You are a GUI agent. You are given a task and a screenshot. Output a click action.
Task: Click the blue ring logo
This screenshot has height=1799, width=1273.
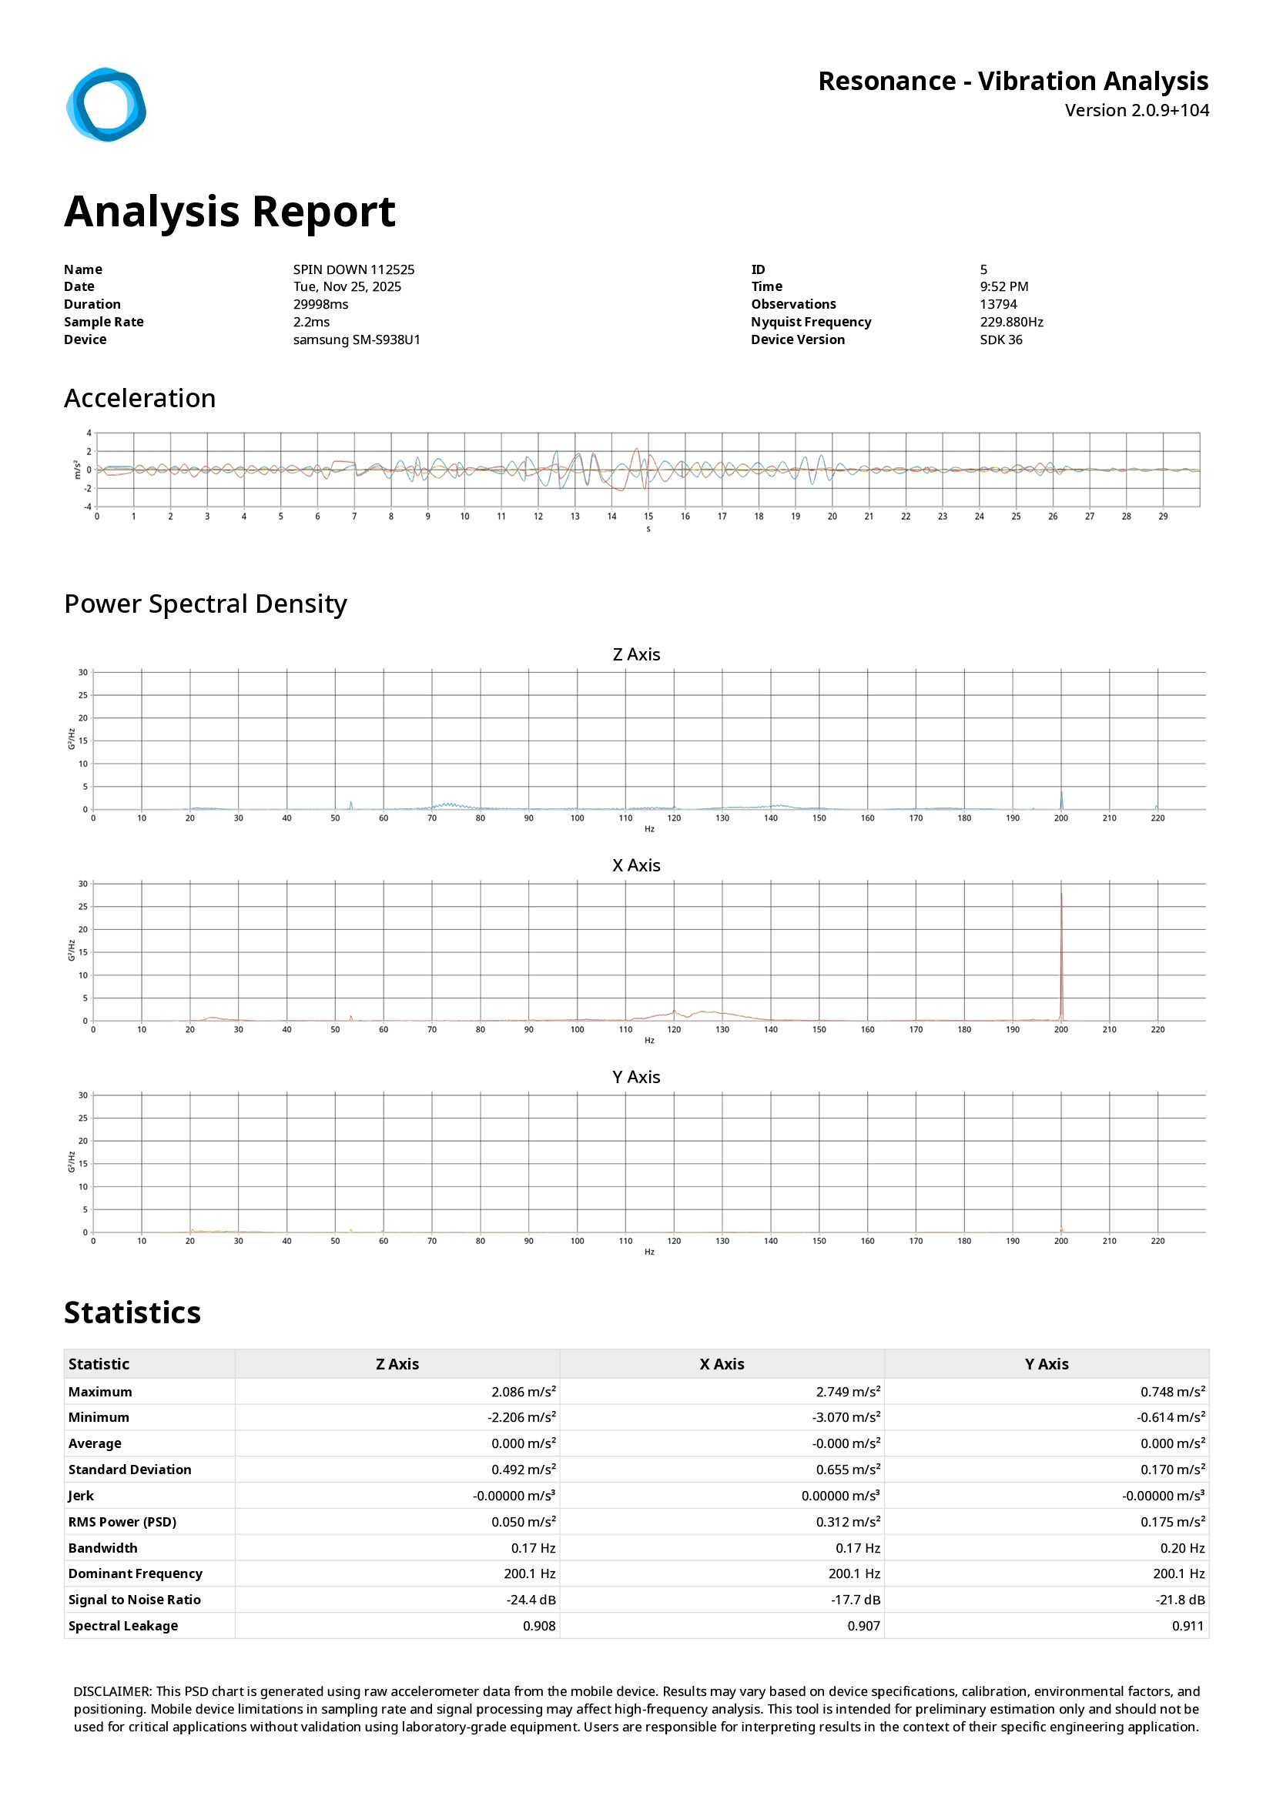pos(106,105)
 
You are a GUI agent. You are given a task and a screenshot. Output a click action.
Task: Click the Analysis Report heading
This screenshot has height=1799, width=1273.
pos(229,212)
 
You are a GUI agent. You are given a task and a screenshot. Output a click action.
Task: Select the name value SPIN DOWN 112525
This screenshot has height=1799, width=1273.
pos(353,269)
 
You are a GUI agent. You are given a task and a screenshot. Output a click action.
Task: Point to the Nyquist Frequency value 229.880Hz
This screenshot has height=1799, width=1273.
pos(1011,322)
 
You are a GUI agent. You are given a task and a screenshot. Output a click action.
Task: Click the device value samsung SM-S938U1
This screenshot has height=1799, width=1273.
pos(357,339)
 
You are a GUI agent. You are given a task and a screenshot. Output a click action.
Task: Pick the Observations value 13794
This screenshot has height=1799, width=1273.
pos(998,304)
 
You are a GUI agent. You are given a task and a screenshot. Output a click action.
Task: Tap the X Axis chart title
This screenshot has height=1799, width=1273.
pos(635,865)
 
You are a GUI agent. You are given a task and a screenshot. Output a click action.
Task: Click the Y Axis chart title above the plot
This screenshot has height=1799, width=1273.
pos(635,1077)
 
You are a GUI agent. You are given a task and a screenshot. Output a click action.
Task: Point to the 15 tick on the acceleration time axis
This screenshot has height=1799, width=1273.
pos(648,517)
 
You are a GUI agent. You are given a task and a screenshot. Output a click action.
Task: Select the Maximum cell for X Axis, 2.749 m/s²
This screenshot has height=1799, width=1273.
pos(847,1392)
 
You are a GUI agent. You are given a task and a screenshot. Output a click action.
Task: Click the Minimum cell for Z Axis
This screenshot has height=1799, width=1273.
pos(521,1417)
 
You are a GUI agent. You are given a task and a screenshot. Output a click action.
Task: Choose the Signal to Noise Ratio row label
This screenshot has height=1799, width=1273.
pos(134,1600)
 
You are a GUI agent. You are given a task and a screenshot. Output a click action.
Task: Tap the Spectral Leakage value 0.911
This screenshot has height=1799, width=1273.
pos(1188,1626)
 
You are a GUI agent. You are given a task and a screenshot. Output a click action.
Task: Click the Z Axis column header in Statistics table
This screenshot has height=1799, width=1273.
pos(397,1364)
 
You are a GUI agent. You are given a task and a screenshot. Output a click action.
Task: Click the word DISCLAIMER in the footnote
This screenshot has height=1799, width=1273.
pos(112,1692)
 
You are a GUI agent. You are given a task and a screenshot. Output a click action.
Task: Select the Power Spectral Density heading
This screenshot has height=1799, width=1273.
pos(206,604)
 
